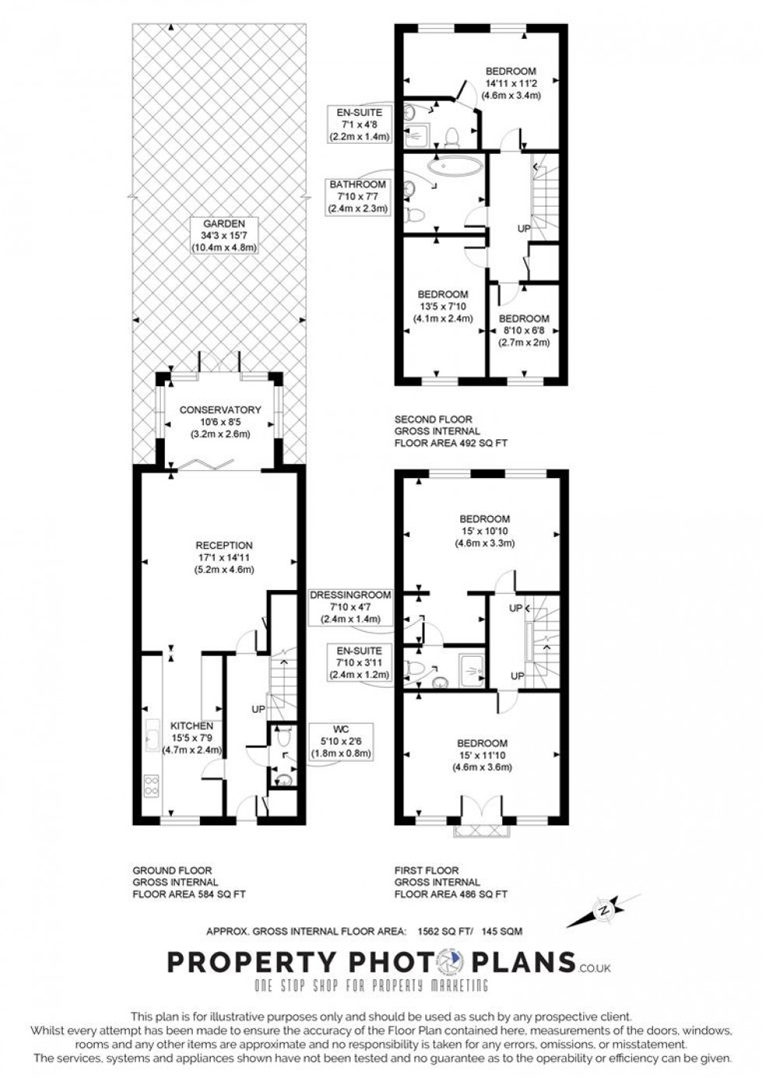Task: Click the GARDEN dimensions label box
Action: (x=224, y=235)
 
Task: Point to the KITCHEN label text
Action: (x=192, y=725)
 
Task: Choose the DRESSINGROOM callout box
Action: (x=351, y=607)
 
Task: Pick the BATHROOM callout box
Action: (x=357, y=197)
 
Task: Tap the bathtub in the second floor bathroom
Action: (x=454, y=166)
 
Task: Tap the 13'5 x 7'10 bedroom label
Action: (x=443, y=306)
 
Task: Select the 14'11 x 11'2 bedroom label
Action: (x=511, y=83)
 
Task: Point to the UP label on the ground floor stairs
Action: (x=258, y=709)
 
